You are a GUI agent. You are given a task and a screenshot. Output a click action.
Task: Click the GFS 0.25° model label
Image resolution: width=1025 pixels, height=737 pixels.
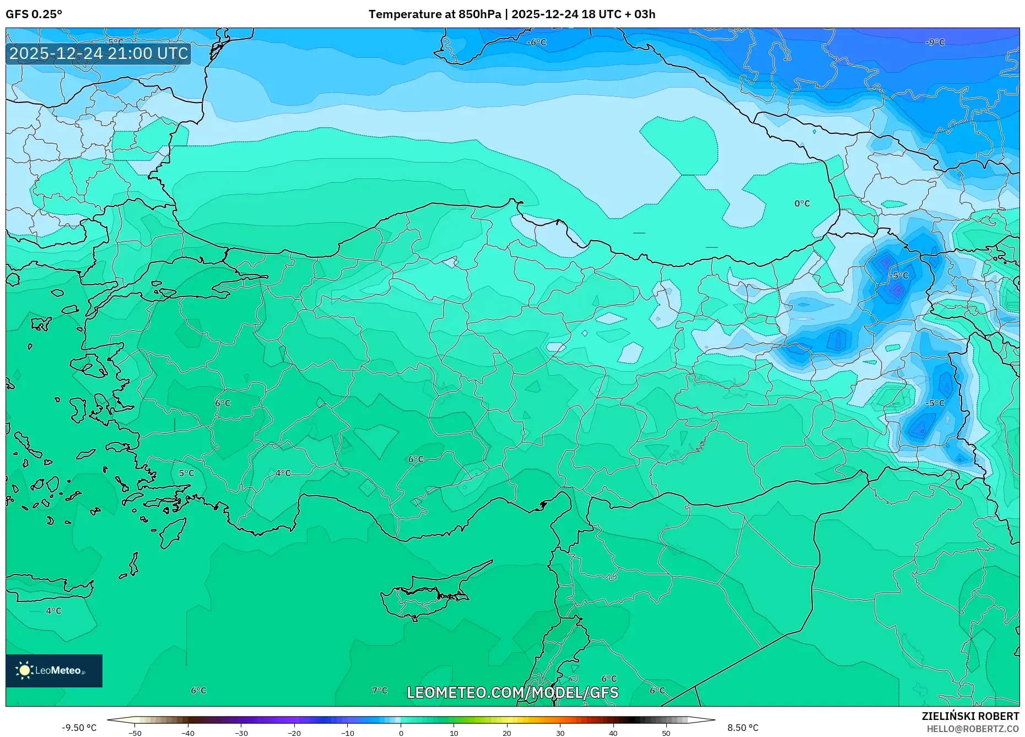34,14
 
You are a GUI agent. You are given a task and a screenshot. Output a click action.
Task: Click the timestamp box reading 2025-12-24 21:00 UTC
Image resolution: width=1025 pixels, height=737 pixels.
99,53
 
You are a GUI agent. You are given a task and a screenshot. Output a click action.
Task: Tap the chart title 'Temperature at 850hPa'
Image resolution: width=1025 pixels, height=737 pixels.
434,14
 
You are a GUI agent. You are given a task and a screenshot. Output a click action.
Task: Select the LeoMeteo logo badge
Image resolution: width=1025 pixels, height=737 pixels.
54,670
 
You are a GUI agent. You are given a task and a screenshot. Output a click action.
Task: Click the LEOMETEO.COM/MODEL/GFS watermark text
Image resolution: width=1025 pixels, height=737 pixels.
512,692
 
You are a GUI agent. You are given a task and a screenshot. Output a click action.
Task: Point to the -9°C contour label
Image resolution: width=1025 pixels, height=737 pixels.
935,42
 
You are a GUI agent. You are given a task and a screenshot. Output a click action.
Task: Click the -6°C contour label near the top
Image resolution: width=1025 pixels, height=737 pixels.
536,42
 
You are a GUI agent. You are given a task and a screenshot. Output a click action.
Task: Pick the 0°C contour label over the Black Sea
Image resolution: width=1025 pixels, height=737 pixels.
802,204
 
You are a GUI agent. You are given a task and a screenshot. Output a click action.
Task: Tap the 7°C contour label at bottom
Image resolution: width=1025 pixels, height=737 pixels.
380,690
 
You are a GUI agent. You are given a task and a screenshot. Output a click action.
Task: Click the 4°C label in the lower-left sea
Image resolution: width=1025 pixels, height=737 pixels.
53,611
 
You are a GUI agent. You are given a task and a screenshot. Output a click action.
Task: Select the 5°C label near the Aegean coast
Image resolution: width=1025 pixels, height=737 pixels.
186,473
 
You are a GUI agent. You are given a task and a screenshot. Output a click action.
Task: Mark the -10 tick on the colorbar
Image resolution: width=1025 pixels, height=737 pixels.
348,733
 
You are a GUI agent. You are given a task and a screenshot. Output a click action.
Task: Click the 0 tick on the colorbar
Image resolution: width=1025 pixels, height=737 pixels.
401,733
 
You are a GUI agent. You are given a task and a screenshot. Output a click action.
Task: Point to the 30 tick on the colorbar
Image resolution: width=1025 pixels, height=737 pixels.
560,733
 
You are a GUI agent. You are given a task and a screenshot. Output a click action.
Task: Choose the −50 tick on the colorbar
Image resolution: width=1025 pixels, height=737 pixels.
135,733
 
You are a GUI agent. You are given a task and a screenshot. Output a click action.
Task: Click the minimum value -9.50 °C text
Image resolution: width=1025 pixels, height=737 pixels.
79,728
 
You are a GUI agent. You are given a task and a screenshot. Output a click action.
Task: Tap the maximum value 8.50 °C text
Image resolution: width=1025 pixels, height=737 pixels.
743,728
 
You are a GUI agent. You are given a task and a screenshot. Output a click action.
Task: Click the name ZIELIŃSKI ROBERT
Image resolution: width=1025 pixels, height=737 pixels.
970,716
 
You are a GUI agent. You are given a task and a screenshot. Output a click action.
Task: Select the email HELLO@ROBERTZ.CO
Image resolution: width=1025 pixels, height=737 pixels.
972,729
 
